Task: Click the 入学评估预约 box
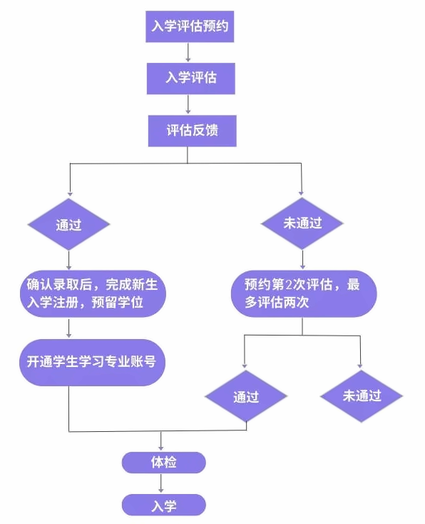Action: (x=190, y=26)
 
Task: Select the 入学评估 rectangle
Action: (x=191, y=79)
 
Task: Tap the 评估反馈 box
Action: (x=193, y=131)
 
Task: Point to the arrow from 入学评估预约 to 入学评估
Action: (x=188, y=52)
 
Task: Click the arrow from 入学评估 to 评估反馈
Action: (x=188, y=104)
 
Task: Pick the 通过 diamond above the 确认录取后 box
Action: (x=68, y=224)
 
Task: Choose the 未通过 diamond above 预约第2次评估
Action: (x=302, y=223)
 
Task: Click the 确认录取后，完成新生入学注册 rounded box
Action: (x=93, y=293)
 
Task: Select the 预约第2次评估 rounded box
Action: (x=304, y=293)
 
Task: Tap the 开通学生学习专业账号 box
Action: (x=92, y=363)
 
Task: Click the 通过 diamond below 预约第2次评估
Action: (x=246, y=396)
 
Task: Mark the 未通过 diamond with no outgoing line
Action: (x=362, y=396)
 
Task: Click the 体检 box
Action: (x=163, y=463)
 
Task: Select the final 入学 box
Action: (x=163, y=505)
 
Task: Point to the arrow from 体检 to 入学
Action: (x=161, y=483)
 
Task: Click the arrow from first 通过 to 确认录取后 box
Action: (x=68, y=261)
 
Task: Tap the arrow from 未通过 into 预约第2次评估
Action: (x=302, y=260)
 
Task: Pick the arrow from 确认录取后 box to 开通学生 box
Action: (x=68, y=328)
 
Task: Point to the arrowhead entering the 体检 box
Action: (x=161, y=448)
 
